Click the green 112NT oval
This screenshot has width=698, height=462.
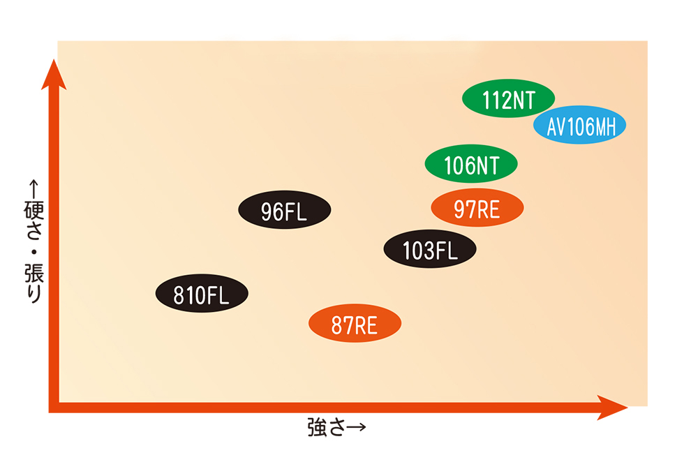pos(508,98)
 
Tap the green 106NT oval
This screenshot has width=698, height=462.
pos(472,163)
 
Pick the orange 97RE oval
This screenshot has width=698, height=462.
pos(477,207)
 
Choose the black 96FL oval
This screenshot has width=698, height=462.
pos(284,209)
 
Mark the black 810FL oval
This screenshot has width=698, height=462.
pos(202,293)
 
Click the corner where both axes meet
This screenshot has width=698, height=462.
pos(54,408)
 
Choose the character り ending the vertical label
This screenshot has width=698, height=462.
pos(33,291)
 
